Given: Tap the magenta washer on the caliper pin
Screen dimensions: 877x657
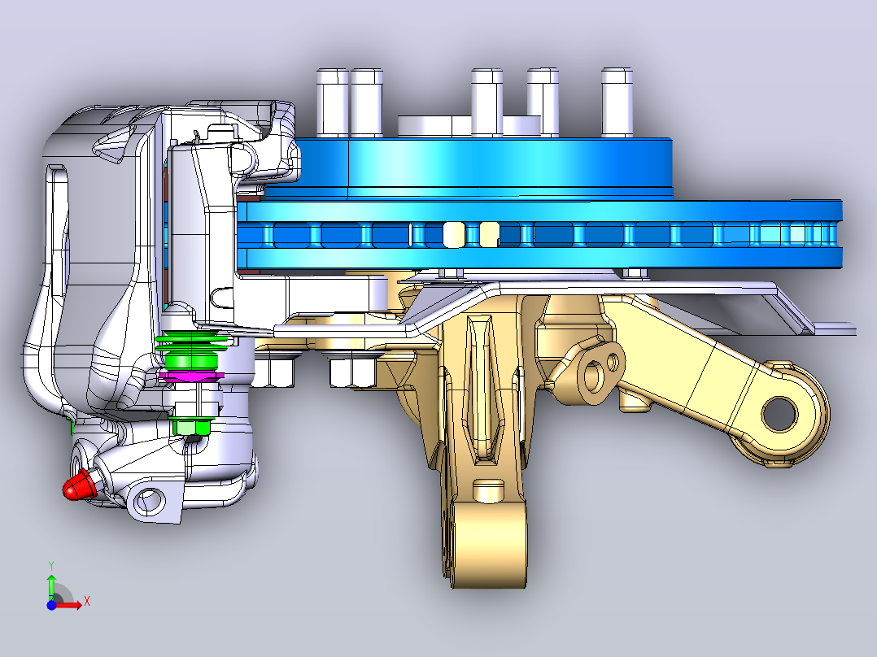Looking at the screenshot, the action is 191,376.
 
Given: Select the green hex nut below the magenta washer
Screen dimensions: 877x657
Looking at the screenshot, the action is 192,427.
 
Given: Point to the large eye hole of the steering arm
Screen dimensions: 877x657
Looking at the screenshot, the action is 779,415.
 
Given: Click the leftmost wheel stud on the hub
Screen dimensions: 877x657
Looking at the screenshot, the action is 332,102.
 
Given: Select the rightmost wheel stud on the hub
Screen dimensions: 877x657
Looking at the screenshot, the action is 617,102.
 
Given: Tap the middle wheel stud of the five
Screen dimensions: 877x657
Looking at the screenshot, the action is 486,102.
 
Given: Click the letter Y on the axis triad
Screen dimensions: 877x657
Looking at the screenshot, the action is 51,566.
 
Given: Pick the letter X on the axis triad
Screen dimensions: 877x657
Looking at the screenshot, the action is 87,602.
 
